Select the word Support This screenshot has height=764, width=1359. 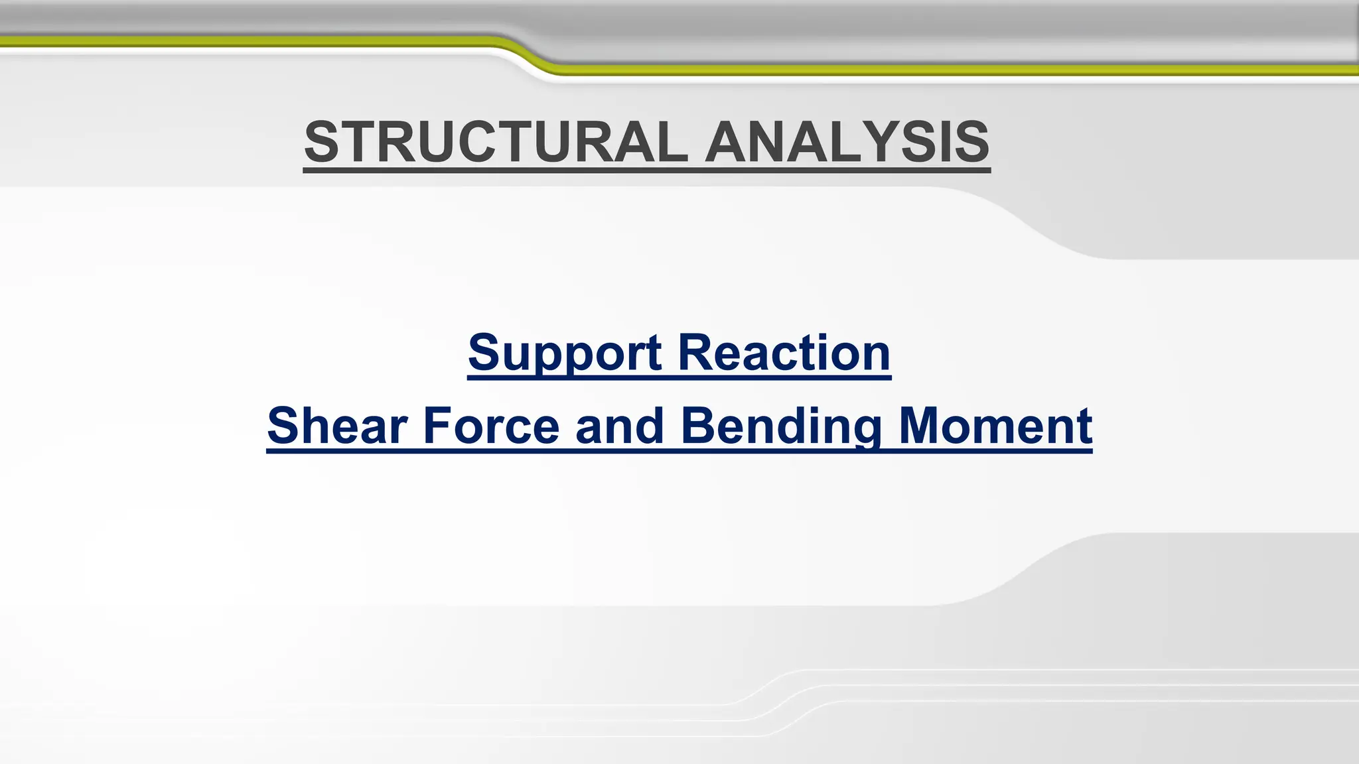(x=564, y=353)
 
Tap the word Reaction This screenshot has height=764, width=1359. (x=784, y=353)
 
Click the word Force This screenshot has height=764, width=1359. (x=491, y=426)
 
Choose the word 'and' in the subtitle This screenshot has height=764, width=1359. (x=620, y=426)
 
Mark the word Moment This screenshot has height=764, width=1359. (x=995, y=426)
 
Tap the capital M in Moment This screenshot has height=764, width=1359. (x=924, y=426)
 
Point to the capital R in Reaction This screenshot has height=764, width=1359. (x=695, y=353)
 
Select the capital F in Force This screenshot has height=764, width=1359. (x=437, y=426)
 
